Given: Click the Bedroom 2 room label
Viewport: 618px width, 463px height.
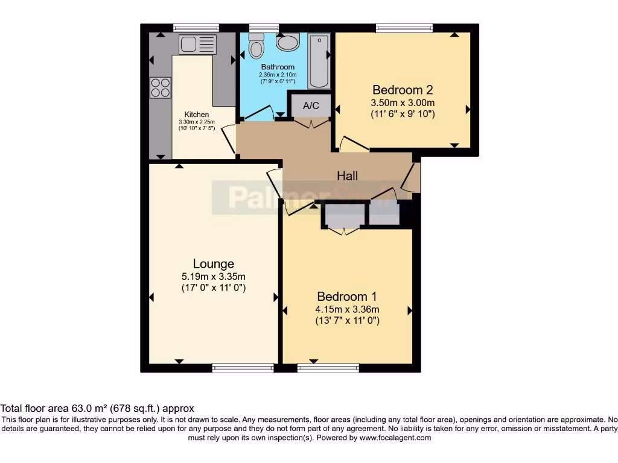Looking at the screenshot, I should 403,90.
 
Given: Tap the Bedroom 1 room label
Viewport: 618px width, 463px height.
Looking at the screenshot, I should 347,297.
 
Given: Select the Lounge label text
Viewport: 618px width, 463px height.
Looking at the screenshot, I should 213,263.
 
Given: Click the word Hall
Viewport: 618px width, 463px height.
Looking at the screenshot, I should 347,176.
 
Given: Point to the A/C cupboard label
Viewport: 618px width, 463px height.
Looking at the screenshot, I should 311,106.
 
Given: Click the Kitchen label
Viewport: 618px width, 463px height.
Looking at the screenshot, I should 197,115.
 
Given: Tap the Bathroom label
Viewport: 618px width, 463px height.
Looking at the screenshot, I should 278,67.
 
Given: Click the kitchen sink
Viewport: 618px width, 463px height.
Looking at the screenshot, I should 197,43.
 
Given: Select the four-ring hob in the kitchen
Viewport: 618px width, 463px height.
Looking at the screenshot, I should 161,87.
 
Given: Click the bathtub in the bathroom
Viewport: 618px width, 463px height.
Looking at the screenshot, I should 318,61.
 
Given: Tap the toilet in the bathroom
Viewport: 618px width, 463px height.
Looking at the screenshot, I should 256,48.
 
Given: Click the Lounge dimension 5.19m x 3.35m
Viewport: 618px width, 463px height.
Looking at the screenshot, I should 213,277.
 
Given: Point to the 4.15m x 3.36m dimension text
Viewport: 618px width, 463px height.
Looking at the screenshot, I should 347,310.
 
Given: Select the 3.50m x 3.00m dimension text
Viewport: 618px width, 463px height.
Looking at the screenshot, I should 403,102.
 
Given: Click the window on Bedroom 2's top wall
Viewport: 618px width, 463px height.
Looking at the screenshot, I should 404,28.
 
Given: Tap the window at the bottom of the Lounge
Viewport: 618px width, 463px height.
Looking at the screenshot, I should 243,368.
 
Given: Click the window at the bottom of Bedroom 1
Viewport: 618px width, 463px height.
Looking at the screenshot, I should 328,368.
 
